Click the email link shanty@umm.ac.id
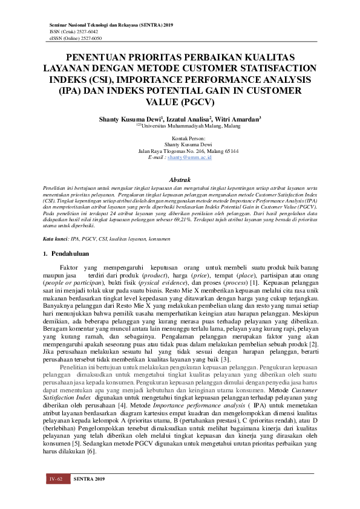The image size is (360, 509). [x=189, y=157]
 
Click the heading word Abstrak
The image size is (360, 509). [x=180, y=180]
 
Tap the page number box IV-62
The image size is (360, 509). [x=56, y=479]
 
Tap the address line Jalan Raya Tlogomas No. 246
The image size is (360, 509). [x=180, y=151]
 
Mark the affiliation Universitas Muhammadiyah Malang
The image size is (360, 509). [x=182, y=126]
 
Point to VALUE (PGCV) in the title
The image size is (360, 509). [x=180, y=102]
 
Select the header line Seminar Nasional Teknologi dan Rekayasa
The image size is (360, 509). [x=111, y=24]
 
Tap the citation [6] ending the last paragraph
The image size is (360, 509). [x=91, y=452]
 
